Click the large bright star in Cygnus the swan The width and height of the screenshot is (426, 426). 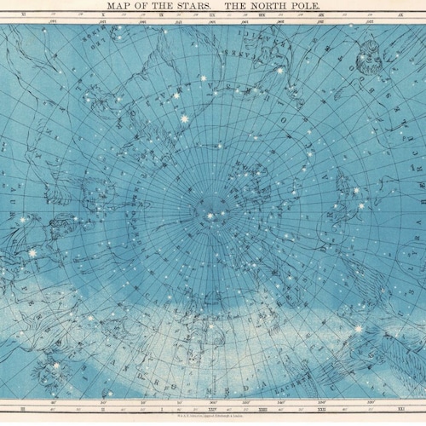tap(358, 328)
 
